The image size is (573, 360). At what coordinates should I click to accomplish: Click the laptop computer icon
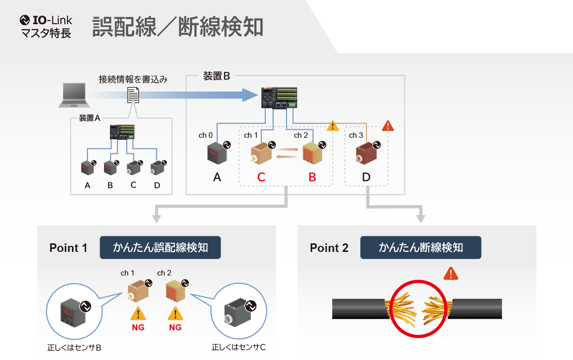point(74,95)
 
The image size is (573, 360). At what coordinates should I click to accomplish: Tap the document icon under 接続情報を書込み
point(133,95)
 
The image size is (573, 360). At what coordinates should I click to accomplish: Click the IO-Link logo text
point(46,20)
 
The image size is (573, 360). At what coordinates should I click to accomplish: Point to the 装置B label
point(216,76)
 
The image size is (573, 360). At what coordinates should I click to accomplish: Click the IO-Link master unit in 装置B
point(279,98)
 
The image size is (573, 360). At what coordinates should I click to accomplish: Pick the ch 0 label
point(206,135)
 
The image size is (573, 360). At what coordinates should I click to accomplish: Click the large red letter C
point(261,177)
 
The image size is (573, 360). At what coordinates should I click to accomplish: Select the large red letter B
point(312,177)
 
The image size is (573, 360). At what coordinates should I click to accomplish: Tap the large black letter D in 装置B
point(366,177)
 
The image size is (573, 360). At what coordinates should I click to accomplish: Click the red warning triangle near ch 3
point(388,126)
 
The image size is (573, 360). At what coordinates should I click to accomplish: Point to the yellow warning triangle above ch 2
point(332,126)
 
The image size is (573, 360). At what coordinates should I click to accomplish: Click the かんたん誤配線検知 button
point(160,247)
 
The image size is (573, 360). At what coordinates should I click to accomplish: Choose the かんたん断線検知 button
point(421,247)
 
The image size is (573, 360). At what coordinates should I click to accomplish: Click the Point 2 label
point(329,248)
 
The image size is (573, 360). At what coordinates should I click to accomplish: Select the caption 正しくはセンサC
point(239,347)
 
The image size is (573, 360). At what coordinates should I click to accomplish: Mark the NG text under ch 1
point(138,327)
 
